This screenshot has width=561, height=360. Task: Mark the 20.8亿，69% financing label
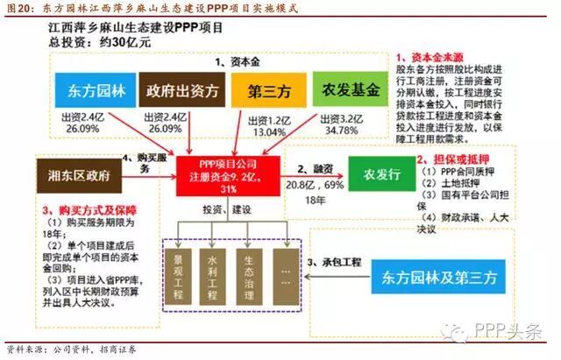point(313,185)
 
